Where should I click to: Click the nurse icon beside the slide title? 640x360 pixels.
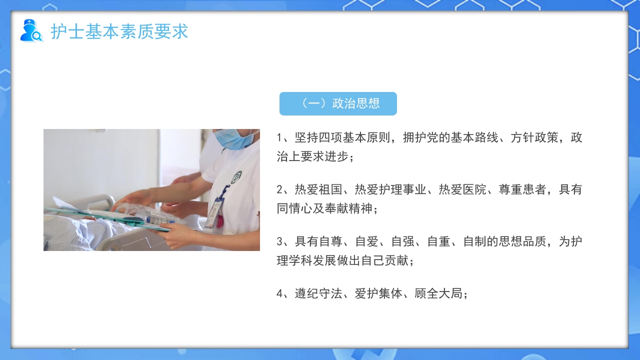[31, 30]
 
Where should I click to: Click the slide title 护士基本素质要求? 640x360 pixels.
[119, 31]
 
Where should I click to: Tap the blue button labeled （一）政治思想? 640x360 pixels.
[338, 103]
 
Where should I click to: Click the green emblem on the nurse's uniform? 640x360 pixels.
[236, 177]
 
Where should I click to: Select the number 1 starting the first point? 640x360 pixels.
[279, 138]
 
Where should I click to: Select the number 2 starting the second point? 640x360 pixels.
[279, 190]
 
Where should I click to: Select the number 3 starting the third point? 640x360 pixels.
[279, 242]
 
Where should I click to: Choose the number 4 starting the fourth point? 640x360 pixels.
[279, 294]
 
